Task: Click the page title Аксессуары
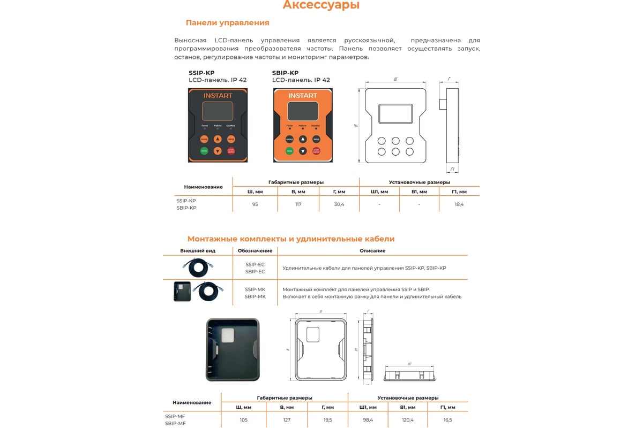(321, 6)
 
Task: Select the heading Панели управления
(227, 23)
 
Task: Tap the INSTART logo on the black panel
(217, 96)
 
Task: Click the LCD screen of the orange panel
(302, 112)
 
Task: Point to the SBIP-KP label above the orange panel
(285, 73)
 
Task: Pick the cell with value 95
(255, 204)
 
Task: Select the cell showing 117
(298, 204)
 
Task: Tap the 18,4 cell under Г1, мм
(459, 204)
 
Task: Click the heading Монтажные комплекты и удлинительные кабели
(291, 239)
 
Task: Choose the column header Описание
(372, 250)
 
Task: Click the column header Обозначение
(255, 250)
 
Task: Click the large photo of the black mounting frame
(232, 349)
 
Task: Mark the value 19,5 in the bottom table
(327, 420)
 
